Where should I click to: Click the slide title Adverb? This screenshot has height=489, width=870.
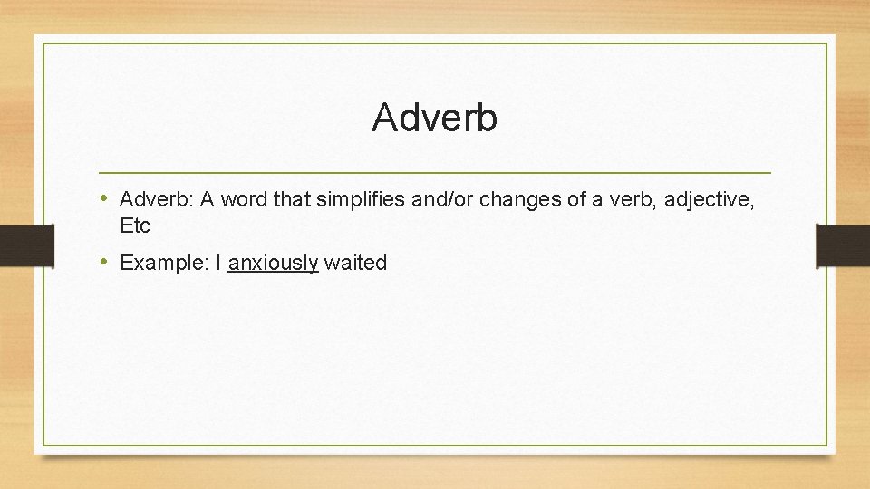[x=434, y=118]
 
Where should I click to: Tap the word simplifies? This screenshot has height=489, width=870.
[x=362, y=199]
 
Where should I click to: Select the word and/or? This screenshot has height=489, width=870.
[x=442, y=199]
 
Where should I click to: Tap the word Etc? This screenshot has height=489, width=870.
[x=134, y=225]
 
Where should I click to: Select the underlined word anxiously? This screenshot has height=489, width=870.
[x=273, y=264]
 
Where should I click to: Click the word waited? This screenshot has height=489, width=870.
[x=355, y=264]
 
